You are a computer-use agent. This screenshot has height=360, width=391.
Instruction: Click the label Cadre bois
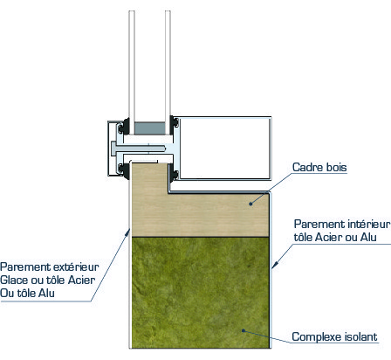pyautogui.click(x=319, y=167)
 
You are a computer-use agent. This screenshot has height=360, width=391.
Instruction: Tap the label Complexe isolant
pyautogui.click(x=334, y=336)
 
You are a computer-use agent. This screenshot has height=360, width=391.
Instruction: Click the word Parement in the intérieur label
pyautogui.click(x=315, y=225)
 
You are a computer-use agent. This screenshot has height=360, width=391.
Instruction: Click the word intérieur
pyautogui.click(x=365, y=225)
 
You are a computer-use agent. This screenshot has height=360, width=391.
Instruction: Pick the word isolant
pyautogui.click(x=360, y=336)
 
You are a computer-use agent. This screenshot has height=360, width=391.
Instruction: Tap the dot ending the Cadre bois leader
pyautogui.click(x=250, y=204)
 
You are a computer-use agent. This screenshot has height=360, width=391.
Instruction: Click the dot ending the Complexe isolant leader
pyautogui.click(x=244, y=330)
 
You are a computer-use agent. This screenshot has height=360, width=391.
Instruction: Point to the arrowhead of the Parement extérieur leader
pyautogui.click(x=127, y=232)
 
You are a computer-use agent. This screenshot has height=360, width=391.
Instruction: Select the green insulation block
pyautogui.click(x=200, y=293)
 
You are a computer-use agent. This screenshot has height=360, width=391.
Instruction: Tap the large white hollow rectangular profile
pyautogui.click(x=224, y=148)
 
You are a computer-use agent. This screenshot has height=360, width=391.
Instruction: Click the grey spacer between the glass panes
pyautogui.click(x=149, y=128)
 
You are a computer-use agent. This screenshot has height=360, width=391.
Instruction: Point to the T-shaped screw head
pyautogui.click(x=113, y=149)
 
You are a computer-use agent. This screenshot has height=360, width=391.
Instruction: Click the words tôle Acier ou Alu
pyautogui.click(x=335, y=238)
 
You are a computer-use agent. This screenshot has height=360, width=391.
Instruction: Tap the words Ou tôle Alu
pyautogui.click(x=27, y=293)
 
